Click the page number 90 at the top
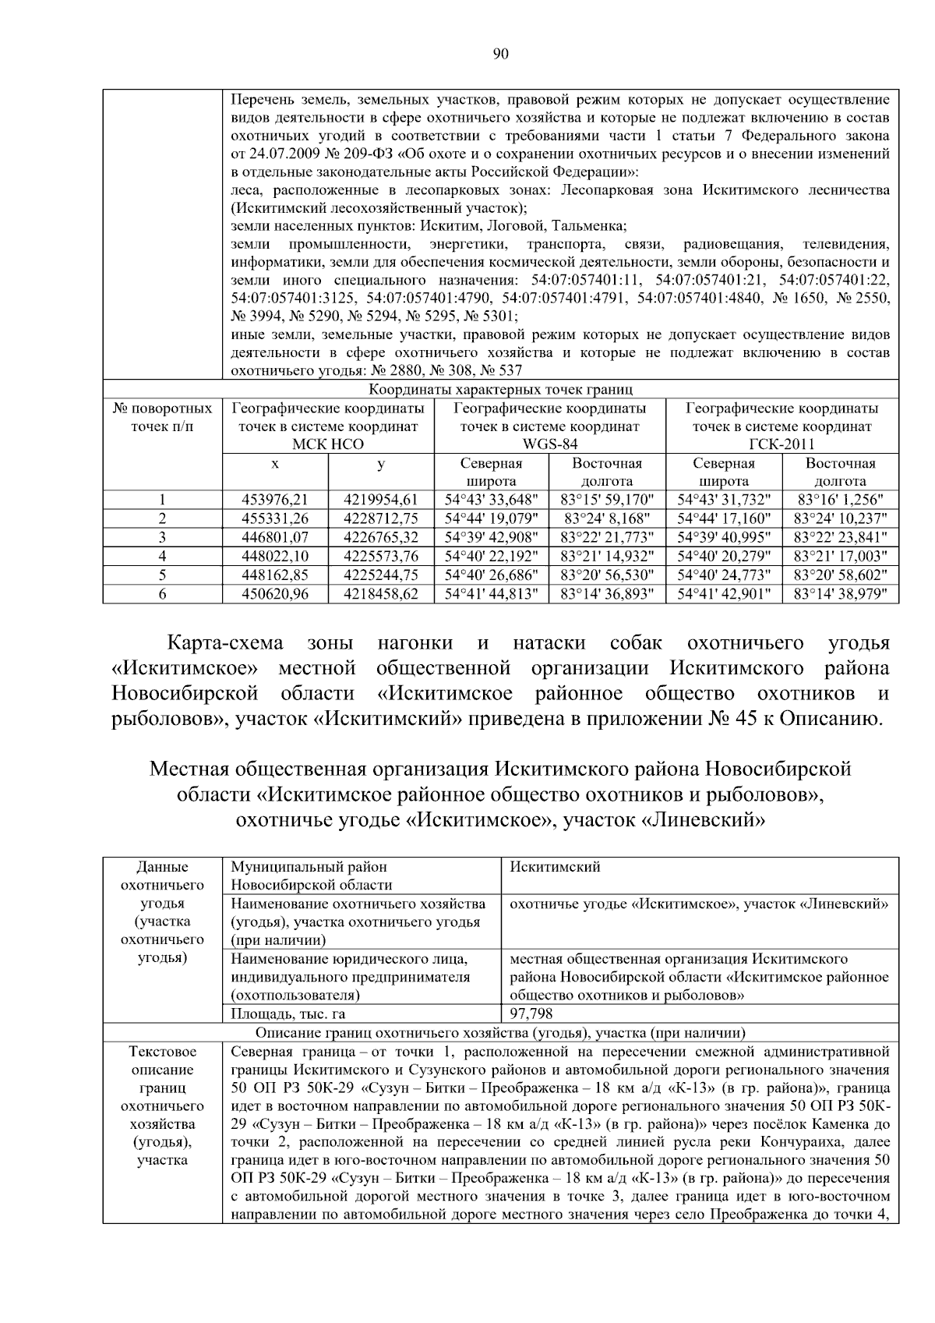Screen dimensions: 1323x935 pyautogui.click(x=501, y=54)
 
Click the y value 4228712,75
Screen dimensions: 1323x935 pyautogui.click(x=380, y=518)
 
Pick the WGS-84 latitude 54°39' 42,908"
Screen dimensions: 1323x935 pyautogui.click(x=492, y=537)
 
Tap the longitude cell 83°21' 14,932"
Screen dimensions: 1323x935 pyautogui.click(x=608, y=556)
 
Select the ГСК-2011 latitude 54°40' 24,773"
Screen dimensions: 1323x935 pyautogui.click(x=724, y=575)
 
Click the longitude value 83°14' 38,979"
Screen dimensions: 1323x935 pyautogui.click(x=840, y=594)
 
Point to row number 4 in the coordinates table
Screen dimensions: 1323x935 pyautogui.click(x=162, y=556)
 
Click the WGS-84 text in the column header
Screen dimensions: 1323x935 pyautogui.click(x=549, y=444)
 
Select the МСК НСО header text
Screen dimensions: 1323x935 pyautogui.click(x=328, y=444)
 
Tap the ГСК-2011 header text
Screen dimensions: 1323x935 pyautogui.click(x=782, y=444)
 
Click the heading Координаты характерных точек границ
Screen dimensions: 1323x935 pyautogui.click(x=500, y=389)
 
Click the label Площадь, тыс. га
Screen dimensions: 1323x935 pyautogui.click(x=288, y=1014)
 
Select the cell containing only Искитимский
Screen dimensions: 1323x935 pyautogui.click(x=555, y=867)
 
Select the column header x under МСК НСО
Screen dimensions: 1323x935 pyautogui.click(x=275, y=464)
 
